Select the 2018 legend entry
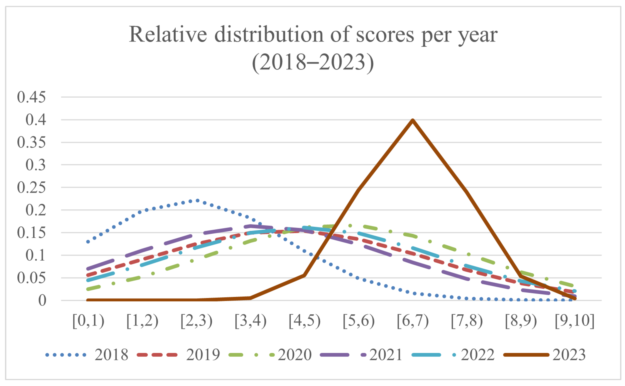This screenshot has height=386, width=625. [87, 355]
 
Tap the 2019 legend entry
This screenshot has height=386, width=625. [178, 355]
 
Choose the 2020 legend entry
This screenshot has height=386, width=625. [270, 355]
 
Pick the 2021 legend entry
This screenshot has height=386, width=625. [361, 355]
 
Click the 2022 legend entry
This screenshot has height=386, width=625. [453, 355]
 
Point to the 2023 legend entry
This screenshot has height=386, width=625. [544, 355]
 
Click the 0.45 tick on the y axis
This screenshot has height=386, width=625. [31, 97]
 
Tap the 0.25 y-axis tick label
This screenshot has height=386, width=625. [31, 188]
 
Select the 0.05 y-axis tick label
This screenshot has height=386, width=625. [31, 278]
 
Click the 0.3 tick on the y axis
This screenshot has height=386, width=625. [36, 165]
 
